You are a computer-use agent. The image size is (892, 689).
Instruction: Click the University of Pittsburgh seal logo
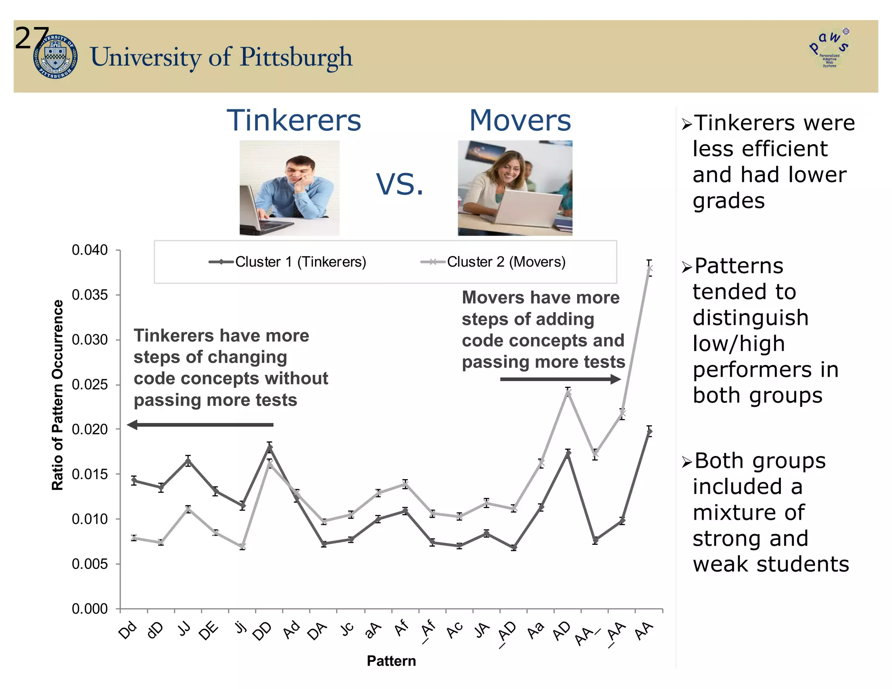[55, 57]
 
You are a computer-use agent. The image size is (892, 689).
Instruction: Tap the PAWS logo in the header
[829, 48]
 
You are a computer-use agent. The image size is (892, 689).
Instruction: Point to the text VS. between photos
[399, 184]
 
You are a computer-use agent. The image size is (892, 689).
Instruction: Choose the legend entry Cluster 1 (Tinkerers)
[287, 262]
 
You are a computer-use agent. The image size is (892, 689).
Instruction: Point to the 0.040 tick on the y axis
[90, 250]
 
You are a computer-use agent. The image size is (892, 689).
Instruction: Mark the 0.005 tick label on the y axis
[90, 564]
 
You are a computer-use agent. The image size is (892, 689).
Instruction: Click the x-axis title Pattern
[391, 661]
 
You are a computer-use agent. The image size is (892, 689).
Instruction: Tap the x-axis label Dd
[128, 630]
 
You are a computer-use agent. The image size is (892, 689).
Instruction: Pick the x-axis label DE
[209, 630]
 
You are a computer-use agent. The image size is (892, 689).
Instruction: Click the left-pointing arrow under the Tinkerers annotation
[200, 425]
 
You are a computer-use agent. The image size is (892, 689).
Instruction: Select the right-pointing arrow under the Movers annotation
[560, 379]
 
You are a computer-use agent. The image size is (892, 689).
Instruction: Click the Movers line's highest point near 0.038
[649, 268]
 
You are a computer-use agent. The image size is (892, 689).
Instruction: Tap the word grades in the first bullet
[729, 201]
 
